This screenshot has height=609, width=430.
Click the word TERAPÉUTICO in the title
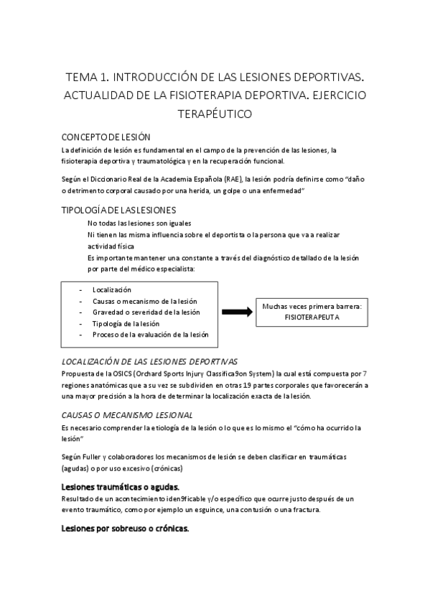(x=214, y=113)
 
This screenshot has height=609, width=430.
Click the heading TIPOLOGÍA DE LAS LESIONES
(x=118, y=210)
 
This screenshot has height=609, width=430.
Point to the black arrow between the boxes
(x=236, y=312)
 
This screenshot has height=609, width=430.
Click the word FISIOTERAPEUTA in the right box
(x=312, y=316)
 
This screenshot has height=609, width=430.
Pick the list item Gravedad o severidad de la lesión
(x=146, y=312)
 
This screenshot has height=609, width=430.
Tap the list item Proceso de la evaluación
(x=149, y=335)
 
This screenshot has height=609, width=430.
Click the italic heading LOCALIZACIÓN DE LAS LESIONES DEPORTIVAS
(x=150, y=362)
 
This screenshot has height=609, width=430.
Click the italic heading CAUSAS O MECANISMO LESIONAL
(x=127, y=415)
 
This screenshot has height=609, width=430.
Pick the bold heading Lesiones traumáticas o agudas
(x=121, y=488)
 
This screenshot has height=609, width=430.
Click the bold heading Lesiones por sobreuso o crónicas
(x=125, y=529)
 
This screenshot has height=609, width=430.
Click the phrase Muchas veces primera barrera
(x=311, y=306)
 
